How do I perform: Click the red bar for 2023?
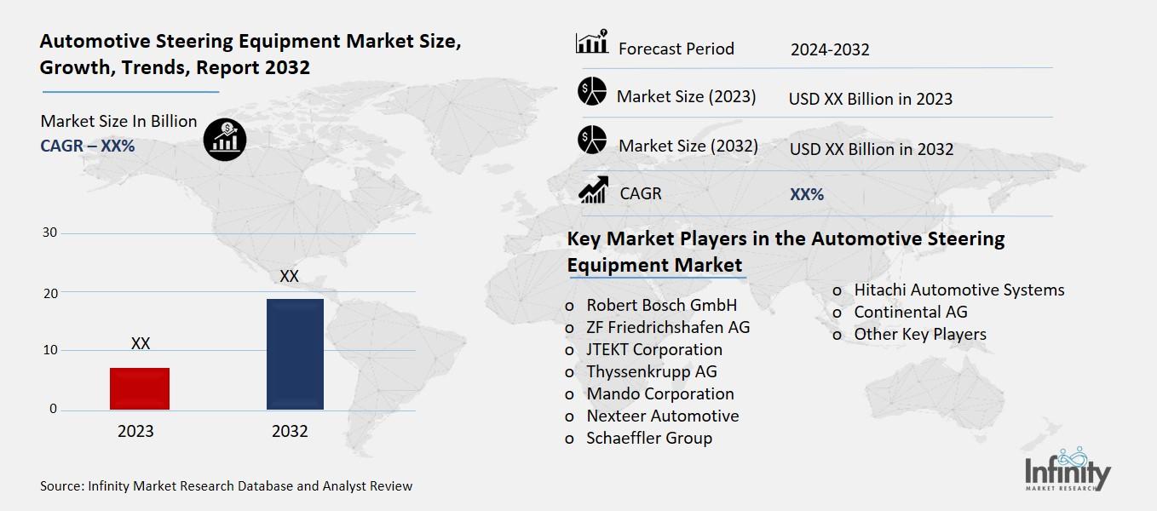(x=140, y=388)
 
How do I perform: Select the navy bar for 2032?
(x=295, y=353)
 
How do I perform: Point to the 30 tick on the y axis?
(x=50, y=233)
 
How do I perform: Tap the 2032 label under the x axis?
(x=290, y=431)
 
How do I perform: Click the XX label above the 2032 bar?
(x=289, y=277)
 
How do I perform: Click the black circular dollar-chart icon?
(x=225, y=138)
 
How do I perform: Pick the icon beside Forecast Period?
(x=592, y=43)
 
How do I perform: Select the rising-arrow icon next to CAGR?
(x=593, y=190)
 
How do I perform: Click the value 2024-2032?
(x=830, y=49)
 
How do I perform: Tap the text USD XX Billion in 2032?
(x=872, y=149)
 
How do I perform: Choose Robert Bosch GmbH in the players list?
(x=661, y=305)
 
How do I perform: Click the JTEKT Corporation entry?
(x=653, y=349)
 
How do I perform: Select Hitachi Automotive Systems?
(x=958, y=290)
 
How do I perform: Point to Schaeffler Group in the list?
(x=649, y=438)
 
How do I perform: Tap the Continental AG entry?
(x=911, y=312)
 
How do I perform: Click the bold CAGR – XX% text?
(x=88, y=146)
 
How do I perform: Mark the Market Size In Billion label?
(x=118, y=121)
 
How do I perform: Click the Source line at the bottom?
(x=226, y=486)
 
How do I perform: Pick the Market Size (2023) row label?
(x=686, y=96)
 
